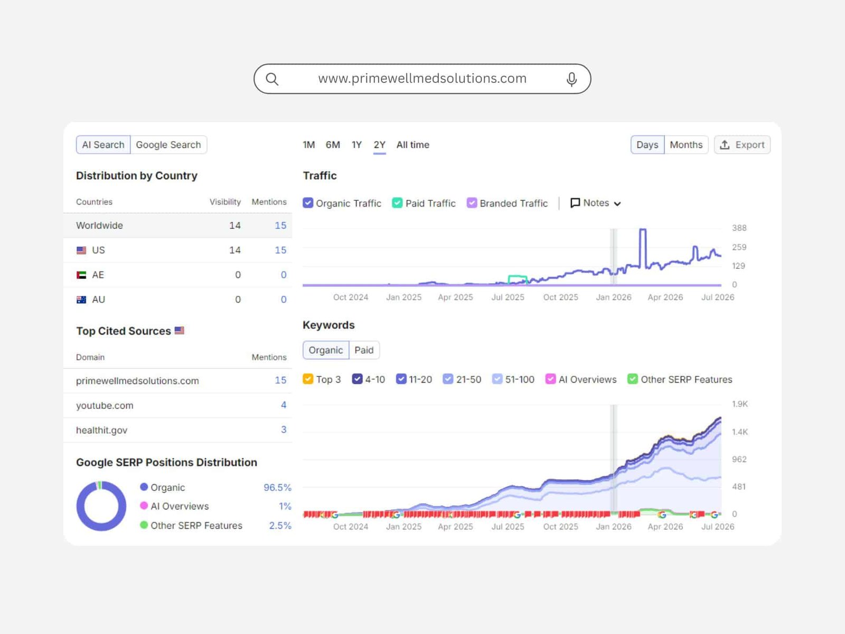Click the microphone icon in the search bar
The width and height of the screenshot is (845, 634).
(x=571, y=79)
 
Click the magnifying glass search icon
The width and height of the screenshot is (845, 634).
(x=272, y=79)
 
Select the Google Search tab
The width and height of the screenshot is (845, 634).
(x=168, y=145)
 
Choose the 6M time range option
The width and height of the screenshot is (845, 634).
(x=333, y=145)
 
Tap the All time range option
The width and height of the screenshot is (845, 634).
(x=412, y=145)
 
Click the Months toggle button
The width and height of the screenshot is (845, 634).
(x=686, y=145)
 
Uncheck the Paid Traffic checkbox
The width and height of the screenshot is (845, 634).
(x=397, y=203)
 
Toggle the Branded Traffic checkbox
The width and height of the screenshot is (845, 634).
(x=472, y=203)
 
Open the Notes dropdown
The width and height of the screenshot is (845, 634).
(x=596, y=203)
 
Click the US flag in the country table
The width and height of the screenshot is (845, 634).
(x=81, y=250)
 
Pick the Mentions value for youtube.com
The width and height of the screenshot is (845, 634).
(x=283, y=405)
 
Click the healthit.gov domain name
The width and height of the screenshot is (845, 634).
(x=101, y=430)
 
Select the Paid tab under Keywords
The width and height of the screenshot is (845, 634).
(x=364, y=350)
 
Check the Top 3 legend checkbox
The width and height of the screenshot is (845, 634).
(x=308, y=379)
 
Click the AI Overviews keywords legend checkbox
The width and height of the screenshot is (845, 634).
(x=550, y=379)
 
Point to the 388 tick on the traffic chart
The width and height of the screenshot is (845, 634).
(x=739, y=228)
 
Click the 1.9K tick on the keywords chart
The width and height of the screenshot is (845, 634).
(x=739, y=404)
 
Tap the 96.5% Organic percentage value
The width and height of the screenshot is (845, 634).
(x=277, y=487)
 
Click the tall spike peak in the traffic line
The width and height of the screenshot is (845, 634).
(x=643, y=229)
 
